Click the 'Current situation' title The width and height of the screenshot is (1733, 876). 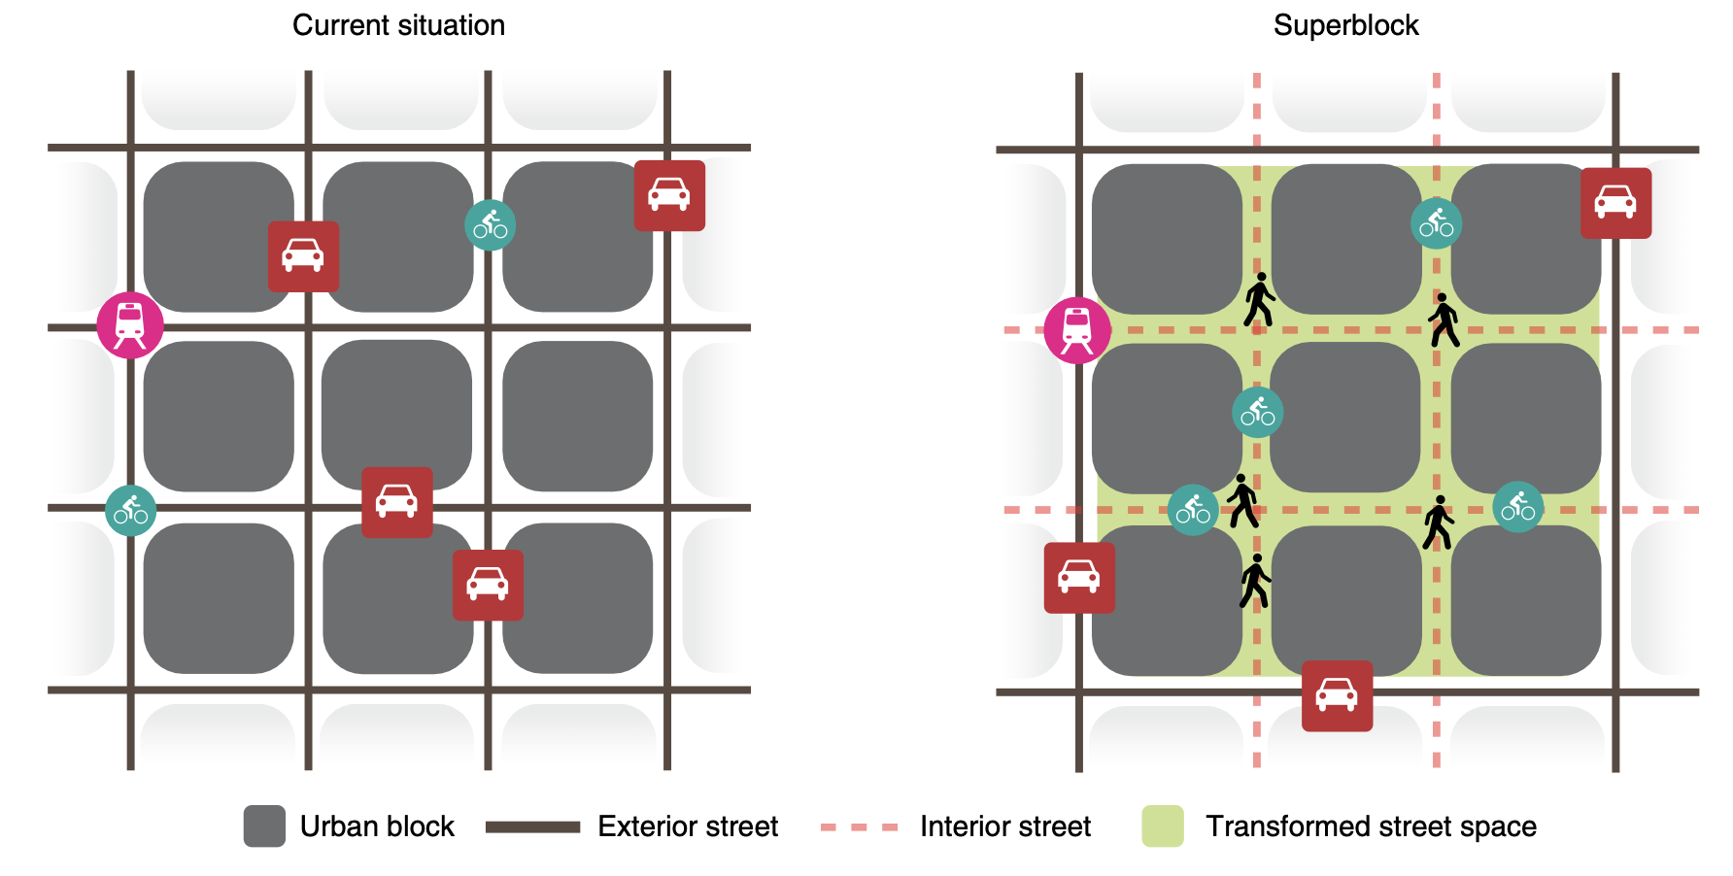point(398,25)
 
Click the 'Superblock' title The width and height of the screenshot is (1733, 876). point(1345,25)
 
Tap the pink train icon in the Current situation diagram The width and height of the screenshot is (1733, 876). point(130,325)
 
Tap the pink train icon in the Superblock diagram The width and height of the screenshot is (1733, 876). point(1077,330)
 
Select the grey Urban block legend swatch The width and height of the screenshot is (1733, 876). point(264,826)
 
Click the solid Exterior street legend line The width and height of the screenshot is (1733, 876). point(532,827)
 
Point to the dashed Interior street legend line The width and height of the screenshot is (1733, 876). point(859,827)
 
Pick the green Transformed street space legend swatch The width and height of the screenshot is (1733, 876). point(1163,826)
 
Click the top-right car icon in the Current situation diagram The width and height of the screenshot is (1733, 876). point(669,195)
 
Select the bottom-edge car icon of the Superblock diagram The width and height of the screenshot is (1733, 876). point(1337,696)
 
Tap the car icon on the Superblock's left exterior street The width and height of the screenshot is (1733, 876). point(1079,578)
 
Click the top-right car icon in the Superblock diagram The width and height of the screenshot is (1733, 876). point(1615,203)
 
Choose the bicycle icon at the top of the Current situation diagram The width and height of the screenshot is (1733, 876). point(491,225)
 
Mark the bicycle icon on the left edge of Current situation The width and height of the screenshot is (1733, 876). point(130,511)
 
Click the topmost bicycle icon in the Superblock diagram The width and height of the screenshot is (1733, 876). point(1436,223)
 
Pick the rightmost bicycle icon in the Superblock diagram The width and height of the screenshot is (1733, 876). point(1517,507)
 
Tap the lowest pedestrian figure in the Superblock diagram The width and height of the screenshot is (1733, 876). point(1255,581)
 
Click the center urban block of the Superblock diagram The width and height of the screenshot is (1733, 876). point(1345,418)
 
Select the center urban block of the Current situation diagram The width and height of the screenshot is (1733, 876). point(397,416)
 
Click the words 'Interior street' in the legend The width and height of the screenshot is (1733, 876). point(1005,826)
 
